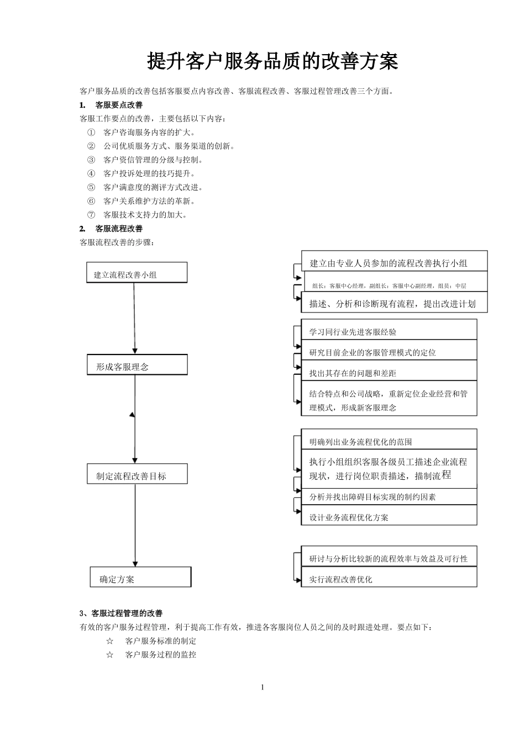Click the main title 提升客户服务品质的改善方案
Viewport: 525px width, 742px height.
point(272,62)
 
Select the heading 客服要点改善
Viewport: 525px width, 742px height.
point(119,105)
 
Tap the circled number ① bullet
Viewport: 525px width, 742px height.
point(91,132)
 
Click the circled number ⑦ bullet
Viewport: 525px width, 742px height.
point(91,215)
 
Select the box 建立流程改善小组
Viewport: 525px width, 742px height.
point(136,273)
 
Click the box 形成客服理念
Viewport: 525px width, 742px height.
point(137,365)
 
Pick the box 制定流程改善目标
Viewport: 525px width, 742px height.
point(137,475)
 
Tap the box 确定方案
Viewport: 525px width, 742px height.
point(140,577)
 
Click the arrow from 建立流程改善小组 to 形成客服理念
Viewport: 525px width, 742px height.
point(134,318)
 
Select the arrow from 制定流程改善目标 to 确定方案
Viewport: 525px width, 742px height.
point(135,524)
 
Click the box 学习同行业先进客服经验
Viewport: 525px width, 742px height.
point(389,331)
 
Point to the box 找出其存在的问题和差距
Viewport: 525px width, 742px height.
point(389,372)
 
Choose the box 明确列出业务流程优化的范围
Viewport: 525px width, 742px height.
point(389,441)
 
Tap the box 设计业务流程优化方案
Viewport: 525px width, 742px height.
point(389,516)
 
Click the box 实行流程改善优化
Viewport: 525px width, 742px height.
point(389,578)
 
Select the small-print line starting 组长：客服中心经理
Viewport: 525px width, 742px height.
point(389,285)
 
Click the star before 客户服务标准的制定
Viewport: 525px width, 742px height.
point(110,641)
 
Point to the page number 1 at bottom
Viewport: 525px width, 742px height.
point(262,687)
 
